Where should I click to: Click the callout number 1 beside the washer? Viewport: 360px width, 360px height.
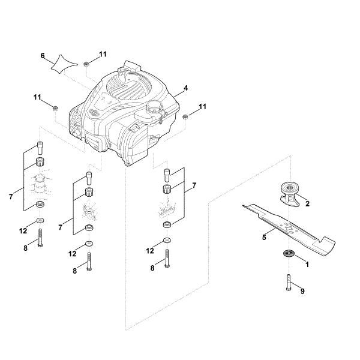(x=307, y=263)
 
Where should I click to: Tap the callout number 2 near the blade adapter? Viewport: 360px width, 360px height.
(x=307, y=203)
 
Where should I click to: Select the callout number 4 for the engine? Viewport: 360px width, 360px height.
(x=186, y=88)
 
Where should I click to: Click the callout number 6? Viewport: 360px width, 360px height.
(x=43, y=55)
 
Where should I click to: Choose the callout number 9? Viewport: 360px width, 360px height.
(x=302, y=292)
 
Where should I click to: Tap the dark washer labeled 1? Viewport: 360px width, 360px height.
(x=286, y=254)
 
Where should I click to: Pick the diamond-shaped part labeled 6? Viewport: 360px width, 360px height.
(x=65, y=63)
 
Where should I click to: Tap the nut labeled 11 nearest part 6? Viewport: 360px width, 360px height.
(x=87, y=64)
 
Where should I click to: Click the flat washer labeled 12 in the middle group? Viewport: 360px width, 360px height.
(x=89, y=244)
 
